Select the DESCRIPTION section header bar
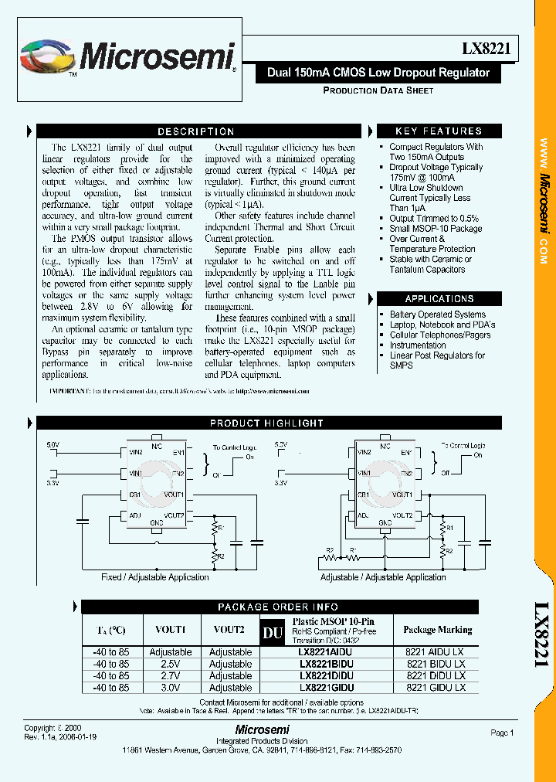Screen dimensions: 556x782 [x=195, y=131]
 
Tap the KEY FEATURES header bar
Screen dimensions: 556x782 [x=438, y=131]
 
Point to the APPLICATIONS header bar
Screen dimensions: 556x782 [x=439, y=298]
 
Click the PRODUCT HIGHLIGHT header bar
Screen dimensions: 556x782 [x=266, y=423]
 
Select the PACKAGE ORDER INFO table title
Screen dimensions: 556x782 [x=277, y=607]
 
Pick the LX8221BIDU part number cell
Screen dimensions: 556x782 [x=326, y=664]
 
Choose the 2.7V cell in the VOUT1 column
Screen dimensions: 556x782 [x=170, y=675]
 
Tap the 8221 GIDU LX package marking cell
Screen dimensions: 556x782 [x=436, y=687]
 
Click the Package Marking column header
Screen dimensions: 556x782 [x=437, y=630]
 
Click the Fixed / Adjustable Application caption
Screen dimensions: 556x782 [x=154, y=577]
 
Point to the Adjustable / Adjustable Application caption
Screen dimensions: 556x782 [x=383, y=577]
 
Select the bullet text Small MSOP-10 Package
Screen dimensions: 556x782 [x=436, y=229]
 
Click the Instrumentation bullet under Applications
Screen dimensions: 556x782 [x=418, y=345]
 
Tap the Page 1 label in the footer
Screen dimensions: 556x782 [x=501, y=733]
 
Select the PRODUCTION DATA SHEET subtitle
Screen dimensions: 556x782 [x=378, y=90]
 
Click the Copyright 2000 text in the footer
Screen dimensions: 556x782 [x=51, y=728]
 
